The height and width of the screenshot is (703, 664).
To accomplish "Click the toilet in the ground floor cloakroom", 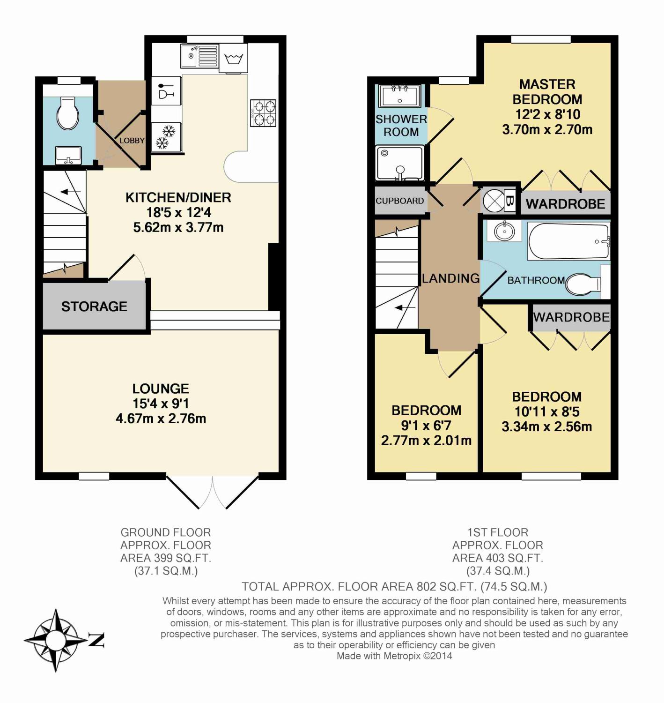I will click(x=68, y=113).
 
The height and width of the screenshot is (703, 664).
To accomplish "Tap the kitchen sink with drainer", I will click(x=199, y=56).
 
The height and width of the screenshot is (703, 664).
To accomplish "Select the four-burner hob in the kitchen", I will click(x=264, y=113).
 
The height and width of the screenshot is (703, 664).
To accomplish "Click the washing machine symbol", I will click(x=233, y=59).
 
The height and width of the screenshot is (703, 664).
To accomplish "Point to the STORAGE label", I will click(x=94, y=307).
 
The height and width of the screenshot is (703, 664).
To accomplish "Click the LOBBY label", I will click(x=132, y=141).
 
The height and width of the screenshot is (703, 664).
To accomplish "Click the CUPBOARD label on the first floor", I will click(x=399, y=201).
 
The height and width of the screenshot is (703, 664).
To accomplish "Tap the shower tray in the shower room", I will click(x=400, y=163).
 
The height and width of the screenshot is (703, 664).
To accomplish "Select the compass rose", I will click(x=56, y=640).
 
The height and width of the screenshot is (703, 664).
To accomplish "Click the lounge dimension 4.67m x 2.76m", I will click(x=161, y=419).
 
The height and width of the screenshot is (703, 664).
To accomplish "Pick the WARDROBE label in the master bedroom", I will click(x=565, y=204).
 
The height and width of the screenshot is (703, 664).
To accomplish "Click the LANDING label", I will click(x=450, y=278).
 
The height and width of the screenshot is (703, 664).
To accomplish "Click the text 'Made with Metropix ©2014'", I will click(x=394, y=656).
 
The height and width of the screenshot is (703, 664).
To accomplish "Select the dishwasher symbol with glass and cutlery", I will click(x=166, y=91).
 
